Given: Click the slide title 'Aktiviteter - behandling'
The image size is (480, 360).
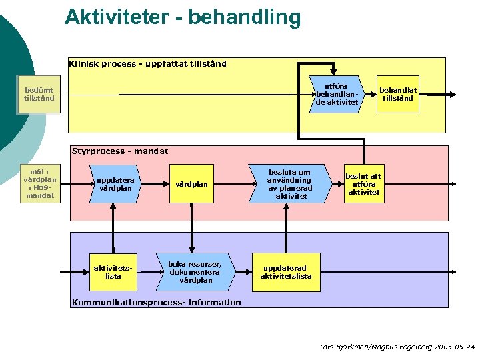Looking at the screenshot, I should coord(183,17).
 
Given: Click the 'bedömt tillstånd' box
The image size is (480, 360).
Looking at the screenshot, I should coord(39,94).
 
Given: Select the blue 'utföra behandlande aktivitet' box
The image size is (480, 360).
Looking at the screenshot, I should coord(337,94).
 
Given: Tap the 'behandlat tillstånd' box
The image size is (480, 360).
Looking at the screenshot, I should coord(398,94).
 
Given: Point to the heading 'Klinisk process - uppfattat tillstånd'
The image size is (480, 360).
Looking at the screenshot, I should coord(148,64).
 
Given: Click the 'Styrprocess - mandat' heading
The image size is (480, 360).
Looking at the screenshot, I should coord(120,151).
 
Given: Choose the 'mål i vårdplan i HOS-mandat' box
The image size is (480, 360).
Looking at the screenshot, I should coord(39,183).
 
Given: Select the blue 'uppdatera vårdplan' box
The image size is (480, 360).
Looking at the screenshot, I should coord(115,184).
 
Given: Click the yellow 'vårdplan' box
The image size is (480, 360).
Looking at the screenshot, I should coord(191,184).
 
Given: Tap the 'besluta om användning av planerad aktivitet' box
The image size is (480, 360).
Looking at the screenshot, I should coord(289,184).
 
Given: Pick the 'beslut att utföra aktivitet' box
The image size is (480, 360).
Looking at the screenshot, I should coord(363,183).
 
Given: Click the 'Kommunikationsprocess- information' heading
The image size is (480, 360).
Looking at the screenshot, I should coord(156,303).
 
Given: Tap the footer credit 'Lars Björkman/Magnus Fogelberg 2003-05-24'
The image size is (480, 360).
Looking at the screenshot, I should coord(397,347).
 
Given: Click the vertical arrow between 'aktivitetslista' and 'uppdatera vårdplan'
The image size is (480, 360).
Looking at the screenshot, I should coord(114,227).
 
